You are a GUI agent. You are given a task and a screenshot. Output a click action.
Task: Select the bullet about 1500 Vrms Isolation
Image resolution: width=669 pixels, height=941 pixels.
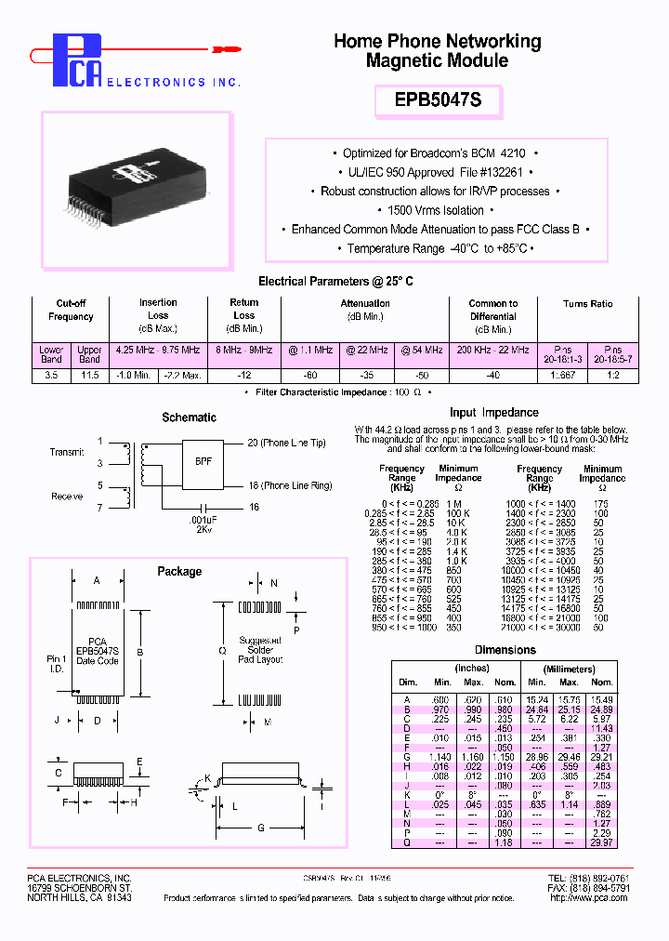436,210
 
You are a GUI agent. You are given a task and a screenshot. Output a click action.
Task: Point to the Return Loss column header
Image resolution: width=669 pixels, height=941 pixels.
244,315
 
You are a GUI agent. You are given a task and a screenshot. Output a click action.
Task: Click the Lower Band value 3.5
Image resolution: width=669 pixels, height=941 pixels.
51,375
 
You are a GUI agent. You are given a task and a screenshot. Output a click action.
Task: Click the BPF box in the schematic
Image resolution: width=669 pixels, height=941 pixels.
203,460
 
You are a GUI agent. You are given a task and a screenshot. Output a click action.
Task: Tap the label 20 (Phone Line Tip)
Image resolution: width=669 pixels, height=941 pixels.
286,444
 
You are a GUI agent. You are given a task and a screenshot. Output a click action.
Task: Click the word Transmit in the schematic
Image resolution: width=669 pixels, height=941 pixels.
67,452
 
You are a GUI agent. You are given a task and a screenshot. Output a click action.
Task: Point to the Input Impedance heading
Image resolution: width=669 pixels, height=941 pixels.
493,413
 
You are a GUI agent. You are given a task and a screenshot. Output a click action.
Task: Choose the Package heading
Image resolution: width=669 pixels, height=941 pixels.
179,571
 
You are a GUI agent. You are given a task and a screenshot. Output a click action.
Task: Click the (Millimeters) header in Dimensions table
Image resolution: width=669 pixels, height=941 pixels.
570,669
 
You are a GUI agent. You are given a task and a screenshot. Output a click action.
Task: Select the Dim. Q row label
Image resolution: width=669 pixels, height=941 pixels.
407,842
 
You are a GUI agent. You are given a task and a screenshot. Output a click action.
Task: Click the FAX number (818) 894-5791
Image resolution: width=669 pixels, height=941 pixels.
601,888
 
